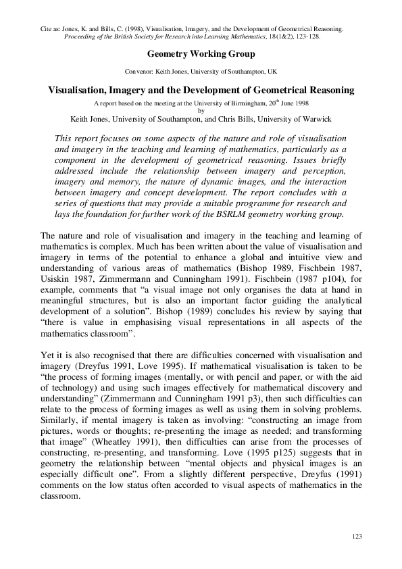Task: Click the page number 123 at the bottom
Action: pyautogui.click(x=358, y=536)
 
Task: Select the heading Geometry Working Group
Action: pyautogui.click(x=200, y=53)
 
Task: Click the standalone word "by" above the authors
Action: pyautogui.click(x=201, y=111)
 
